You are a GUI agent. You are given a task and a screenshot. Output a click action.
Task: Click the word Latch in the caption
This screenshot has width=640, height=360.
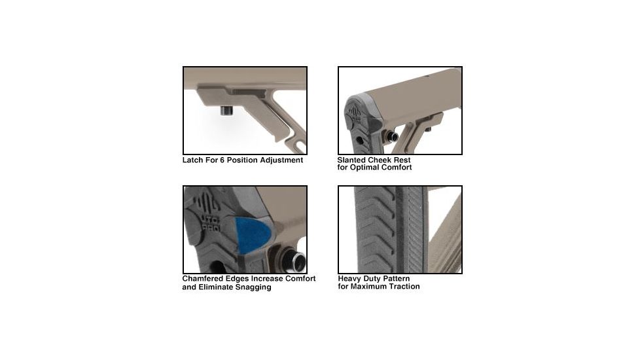(194, 160)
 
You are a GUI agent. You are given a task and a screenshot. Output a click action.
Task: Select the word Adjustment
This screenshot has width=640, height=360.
(281, 160)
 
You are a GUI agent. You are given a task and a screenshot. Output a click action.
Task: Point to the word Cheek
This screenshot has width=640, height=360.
(383, 160)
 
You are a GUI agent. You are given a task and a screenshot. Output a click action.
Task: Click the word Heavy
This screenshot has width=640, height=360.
(350, 278)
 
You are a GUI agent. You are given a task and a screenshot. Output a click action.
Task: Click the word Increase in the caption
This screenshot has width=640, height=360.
(260, 279)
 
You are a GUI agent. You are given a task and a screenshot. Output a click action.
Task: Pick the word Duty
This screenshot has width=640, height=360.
(374, 278)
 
